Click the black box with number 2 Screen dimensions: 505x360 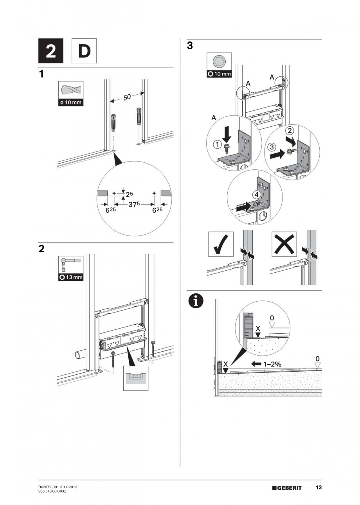point(51,51)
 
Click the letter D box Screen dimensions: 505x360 point(84,51)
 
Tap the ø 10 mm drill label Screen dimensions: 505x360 point(70,103)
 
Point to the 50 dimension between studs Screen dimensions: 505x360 point(127,97)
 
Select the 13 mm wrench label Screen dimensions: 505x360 point(70,277)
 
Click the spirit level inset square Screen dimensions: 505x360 point(136,378)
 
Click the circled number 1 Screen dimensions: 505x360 point(216,145)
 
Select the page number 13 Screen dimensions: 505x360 point(319,487)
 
